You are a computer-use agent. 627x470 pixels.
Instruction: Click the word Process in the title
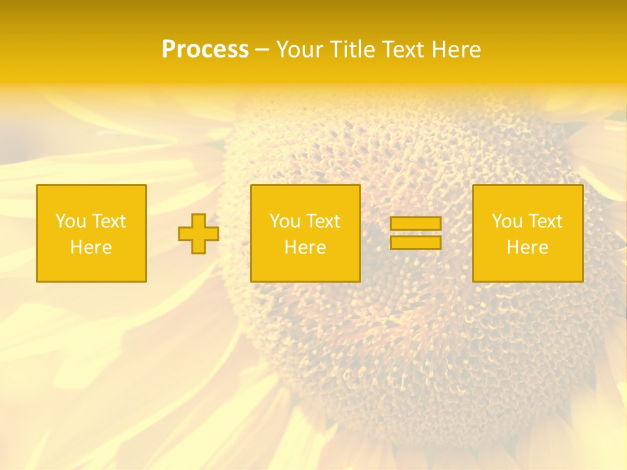[x=205, y=50]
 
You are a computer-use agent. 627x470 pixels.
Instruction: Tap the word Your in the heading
[x=300, y=50]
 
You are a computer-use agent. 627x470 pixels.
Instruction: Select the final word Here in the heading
[x=457, y=50]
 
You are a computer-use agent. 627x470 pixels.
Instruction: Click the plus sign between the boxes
[x=199, y=234]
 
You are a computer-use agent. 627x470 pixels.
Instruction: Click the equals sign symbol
[x=415, y=233]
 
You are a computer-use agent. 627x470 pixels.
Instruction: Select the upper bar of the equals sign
[x=415, y=224]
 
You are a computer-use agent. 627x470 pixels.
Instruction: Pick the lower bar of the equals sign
[x=415, y=243]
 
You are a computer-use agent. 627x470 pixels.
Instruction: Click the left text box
[x=91, y=196]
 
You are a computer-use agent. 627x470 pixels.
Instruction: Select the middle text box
[x=305, y=196]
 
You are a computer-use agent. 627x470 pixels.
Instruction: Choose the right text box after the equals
[x=528, y=196]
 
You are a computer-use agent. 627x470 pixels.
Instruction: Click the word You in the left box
[x=70, y=221]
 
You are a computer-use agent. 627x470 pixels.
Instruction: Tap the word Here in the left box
[x=91, y=247]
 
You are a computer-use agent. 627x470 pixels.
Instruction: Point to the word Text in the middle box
[x=323, y=221]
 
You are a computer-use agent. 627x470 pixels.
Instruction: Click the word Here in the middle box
[x=305, y=247]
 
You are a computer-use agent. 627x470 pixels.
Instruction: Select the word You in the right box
[x=506, y=221]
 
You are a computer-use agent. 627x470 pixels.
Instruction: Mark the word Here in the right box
[x=527, y=247]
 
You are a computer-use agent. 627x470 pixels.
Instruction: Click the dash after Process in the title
[x=262, y=50]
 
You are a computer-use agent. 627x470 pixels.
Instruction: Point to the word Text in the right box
[x=545, y=221]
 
